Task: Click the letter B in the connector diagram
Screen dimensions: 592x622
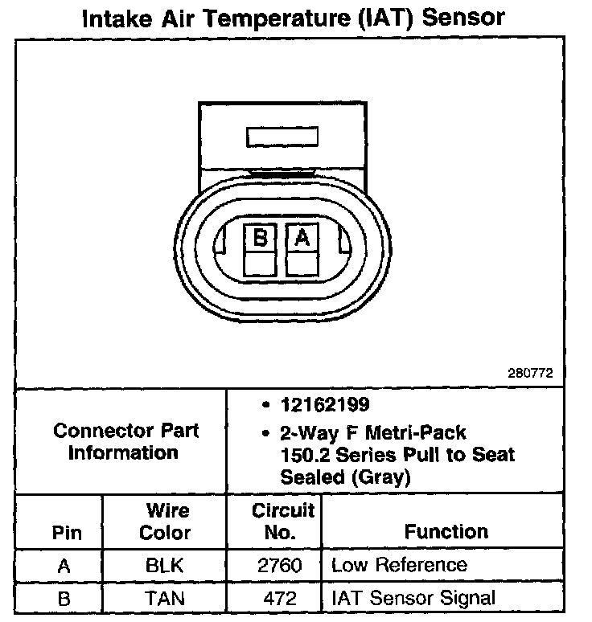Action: (260, 237)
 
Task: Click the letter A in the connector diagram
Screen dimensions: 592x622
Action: (302, 237)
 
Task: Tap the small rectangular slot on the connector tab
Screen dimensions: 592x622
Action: (284, 137)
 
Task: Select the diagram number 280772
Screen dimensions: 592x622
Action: (530, 374)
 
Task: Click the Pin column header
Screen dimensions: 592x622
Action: (67, 533)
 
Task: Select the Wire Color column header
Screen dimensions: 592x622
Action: (166, 522)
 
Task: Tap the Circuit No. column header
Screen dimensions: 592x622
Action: (283, 522)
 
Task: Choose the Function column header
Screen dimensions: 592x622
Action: (446, 531)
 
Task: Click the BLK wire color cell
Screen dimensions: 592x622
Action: (165, 565)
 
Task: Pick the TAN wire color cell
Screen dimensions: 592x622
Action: (165, 598)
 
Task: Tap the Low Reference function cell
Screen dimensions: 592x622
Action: (399, 565)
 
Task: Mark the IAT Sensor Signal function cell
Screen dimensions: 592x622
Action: (413, 598)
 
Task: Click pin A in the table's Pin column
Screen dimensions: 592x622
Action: (64, 565)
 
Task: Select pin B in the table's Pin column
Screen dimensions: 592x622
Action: (64, 598)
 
